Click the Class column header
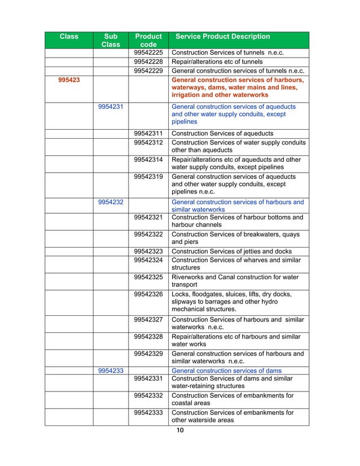pyautogui.click(x=69, y=37)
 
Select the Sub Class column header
pyautogui.click(x=111, y=40)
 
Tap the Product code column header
pyautogui.click(x=148, y=40)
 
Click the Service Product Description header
pyautogui.click(x=223, y=37)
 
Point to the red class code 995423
pyautogui.click(x=69, y=80)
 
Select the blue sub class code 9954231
pyautogui.click(x=111, y=107)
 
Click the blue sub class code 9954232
pyautogui.click(x=111, y=202)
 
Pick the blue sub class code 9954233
pyautogui.click(x=111, y=371)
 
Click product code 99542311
pyautogui.click(x=148, y=133)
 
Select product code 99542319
pyautogui.click(x=148, y=177)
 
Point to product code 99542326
pyautogui.click(x=148, y=294)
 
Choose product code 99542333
pyautogui.click(x=148, y=412)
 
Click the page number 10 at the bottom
pyautogui.click(x=180, y=431)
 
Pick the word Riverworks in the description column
pyautogui.click(x=188, y=278)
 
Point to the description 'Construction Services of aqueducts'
pyautogui.click(x=222, y=133)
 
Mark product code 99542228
pyautogui.click(x=148, y=62)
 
